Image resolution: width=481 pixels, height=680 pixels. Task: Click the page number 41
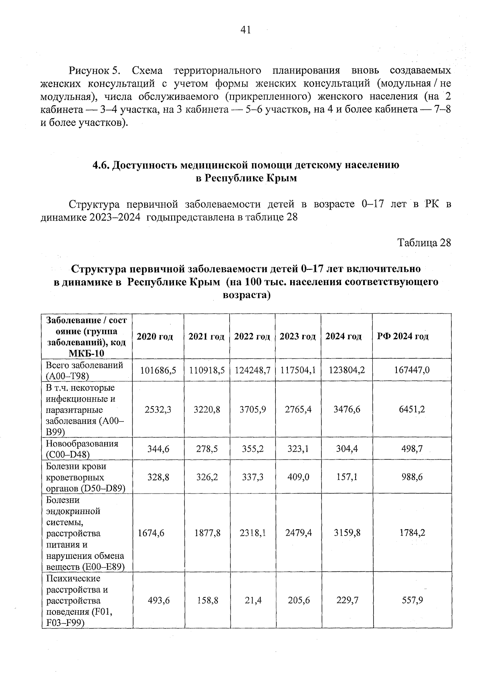[245, 30]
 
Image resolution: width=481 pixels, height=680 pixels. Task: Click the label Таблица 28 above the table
[424, 243]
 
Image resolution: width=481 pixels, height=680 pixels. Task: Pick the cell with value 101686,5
[158, 370]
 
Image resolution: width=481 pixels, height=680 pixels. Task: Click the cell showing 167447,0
[412, 370]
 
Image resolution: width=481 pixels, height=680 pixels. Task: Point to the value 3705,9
[253, 409]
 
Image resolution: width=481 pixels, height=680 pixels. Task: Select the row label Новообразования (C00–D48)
[82, 449]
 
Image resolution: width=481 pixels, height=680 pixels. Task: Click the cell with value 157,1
[347, 477]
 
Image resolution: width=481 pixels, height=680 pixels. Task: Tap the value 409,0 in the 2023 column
[298, 477]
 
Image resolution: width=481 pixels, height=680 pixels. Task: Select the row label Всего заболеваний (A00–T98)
[85, 370]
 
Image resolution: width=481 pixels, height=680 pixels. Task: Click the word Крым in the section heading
[282, 178]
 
